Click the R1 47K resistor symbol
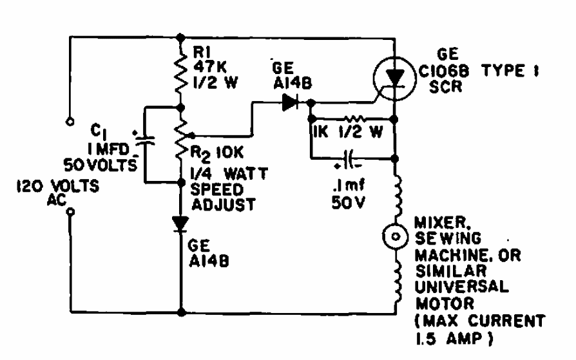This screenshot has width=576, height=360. [181, 71]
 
